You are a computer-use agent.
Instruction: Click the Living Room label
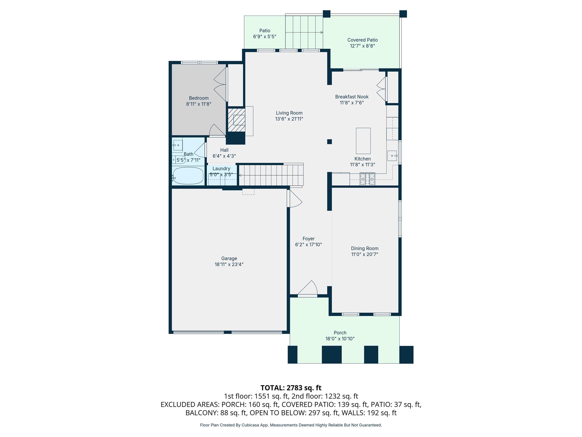coord(289,113)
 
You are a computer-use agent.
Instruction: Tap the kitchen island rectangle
coord(363,141)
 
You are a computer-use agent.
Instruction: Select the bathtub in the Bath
coord(188,176)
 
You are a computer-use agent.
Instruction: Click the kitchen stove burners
coord(367,179)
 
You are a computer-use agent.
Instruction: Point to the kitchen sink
coord(392,156)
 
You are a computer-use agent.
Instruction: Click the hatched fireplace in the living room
coord(236,120)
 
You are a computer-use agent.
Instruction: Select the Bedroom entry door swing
coord(217,131)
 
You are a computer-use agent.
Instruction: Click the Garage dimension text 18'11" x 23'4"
coord(229,264)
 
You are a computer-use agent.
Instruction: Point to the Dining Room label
coord(365,248)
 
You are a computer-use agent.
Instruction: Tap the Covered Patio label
coord(362,40)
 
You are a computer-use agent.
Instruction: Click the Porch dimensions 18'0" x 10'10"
coord(340,339)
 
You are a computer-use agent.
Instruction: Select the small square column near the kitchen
coord(329,141)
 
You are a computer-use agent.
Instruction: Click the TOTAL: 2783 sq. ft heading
coord(291,388)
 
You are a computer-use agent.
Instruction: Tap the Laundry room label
coord(221,169)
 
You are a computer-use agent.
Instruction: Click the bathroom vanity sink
coord(178,145)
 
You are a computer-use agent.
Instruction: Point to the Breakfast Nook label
coord(352,97)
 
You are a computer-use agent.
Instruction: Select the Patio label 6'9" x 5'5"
coord(265,34)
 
